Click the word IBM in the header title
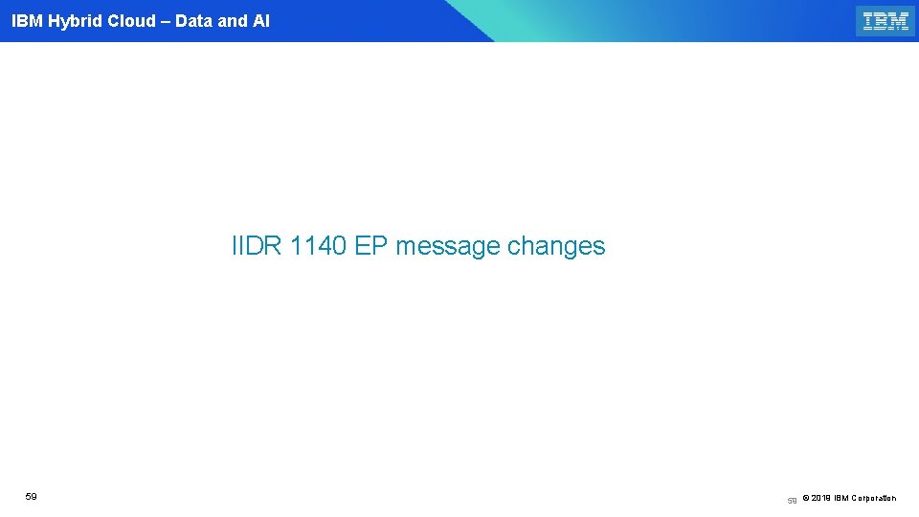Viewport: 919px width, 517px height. (x=26, y=21)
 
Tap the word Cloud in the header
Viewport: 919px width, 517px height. (x=132, y=21)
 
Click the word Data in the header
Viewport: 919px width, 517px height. (x=194, y=21)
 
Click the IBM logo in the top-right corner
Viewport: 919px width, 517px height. (x=885, y=21)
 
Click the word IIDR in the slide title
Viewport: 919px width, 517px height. (x=257, y=246)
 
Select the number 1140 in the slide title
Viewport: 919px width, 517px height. (x=318, y=246)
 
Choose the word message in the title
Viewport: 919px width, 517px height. (x=448, y=246)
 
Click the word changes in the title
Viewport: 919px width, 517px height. (x=556, y=246)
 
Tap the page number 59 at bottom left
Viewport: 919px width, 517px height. (x=32, y=497)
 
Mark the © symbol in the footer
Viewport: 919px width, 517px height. (x=805, y=498)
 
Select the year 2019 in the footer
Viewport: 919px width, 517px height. (x=821, y=498)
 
